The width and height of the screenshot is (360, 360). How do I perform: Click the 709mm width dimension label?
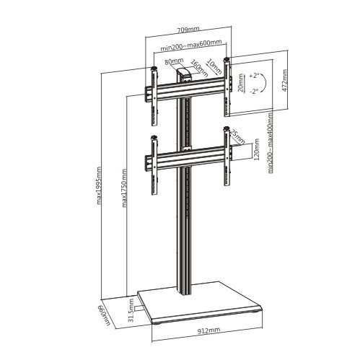pyautogui.click(x=188, y=30)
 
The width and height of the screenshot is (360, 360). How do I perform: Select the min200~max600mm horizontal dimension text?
pyautogui.click(x=191, y=45)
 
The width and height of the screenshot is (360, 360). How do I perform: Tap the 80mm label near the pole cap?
pyautogui.click(x=174, y=61)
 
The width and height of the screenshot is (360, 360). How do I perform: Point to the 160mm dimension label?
pyautogui.click(x=199, y=68)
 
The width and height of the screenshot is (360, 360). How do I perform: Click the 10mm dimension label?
pyautogui.click(x=214, y=66)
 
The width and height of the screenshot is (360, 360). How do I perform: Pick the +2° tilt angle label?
pyautogui.click(x=254, y=76)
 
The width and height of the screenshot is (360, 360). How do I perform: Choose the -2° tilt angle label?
pyautogui.click(x=254, y=92)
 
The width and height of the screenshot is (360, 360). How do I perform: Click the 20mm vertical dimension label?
pyautogui.click(x=240, y=83)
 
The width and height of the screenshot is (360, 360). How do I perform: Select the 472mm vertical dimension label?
pyautogui.click(x=284, y=81)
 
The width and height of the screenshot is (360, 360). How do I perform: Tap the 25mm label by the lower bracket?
pyautogui.click(x=237, y=137)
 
